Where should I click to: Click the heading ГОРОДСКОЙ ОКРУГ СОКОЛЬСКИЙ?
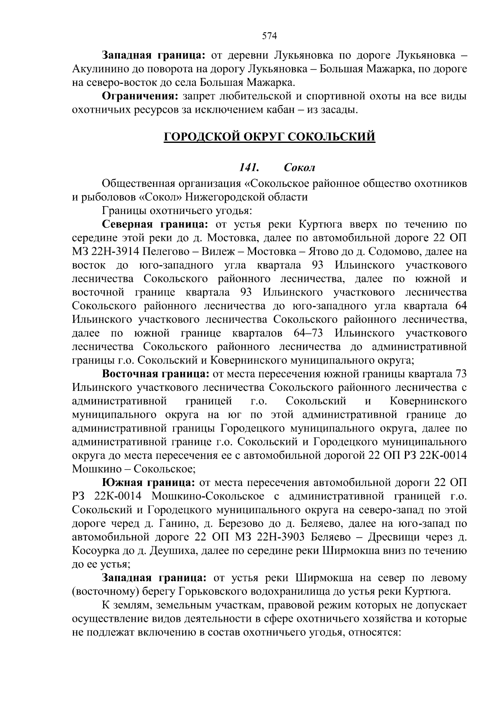click(x=269, y=137)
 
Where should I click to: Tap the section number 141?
click(x=248, y=168)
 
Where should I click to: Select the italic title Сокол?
click(x=299, y=168)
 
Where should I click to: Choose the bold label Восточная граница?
click(x=156, y=374)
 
